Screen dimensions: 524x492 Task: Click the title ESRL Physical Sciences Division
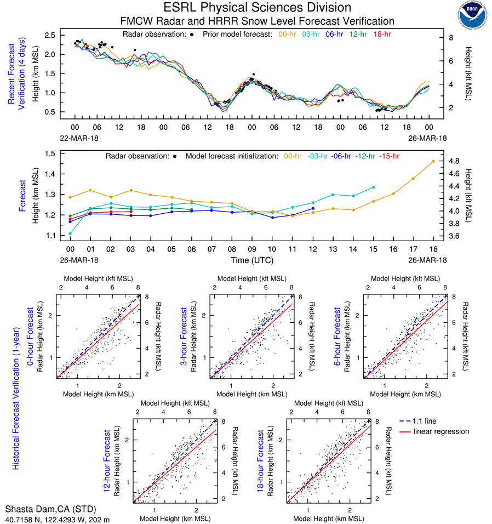(x=257, y=8)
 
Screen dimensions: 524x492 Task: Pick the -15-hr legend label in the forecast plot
(x=389, y=156)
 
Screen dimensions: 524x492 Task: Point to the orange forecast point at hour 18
(x=433, y=161)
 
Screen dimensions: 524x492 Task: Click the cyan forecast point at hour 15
(x=374, y=187)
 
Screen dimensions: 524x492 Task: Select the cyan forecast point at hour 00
(x=70, y=233)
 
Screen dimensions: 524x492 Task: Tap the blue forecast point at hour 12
(x=313, y=208)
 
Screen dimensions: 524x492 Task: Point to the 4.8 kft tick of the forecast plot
(x=454, y=161)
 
